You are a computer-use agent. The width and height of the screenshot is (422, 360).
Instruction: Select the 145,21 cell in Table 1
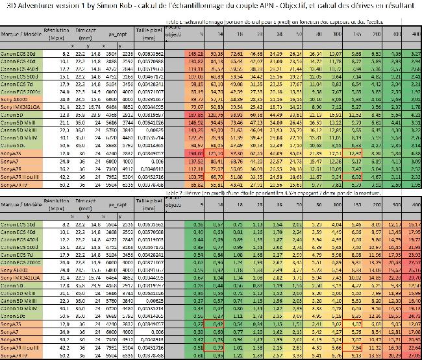(x=195, y=53)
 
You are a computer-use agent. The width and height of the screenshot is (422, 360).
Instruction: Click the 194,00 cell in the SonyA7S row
(x=195, y=152)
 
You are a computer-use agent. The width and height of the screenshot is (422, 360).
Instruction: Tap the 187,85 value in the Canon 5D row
(x=195, y=114)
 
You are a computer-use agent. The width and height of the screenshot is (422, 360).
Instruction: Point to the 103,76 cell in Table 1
(x=195, y=176)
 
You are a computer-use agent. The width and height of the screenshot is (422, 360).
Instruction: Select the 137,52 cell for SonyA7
(x=195, y=160)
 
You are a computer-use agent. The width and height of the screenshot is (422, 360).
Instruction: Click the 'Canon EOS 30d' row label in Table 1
(x=19, y=53)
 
